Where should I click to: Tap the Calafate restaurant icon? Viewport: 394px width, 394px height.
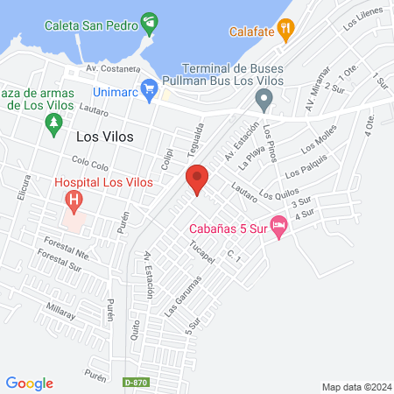[285, 32]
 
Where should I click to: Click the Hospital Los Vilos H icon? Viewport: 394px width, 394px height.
[74, 200]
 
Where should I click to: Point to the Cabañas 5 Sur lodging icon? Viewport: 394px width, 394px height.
[278, 227]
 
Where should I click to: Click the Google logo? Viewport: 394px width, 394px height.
[30, 383]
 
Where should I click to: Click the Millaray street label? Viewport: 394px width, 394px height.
[61, 310]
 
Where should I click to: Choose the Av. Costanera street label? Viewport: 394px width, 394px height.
[113, 67]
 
